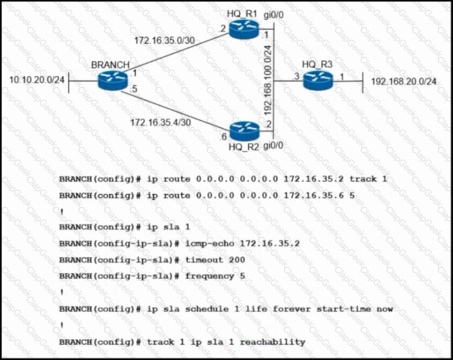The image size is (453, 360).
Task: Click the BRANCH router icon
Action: [113, 80]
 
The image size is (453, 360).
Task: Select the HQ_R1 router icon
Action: [243, 29]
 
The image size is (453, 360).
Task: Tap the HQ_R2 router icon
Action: [244, 131]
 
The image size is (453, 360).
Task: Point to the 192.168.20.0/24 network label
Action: [403, 82]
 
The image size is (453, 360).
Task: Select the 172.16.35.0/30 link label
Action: [164, 40]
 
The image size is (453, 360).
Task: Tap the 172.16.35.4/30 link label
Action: [160, 122]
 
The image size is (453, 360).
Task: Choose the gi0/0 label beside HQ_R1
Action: [274, 15]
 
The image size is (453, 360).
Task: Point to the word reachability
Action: [272, 342]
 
